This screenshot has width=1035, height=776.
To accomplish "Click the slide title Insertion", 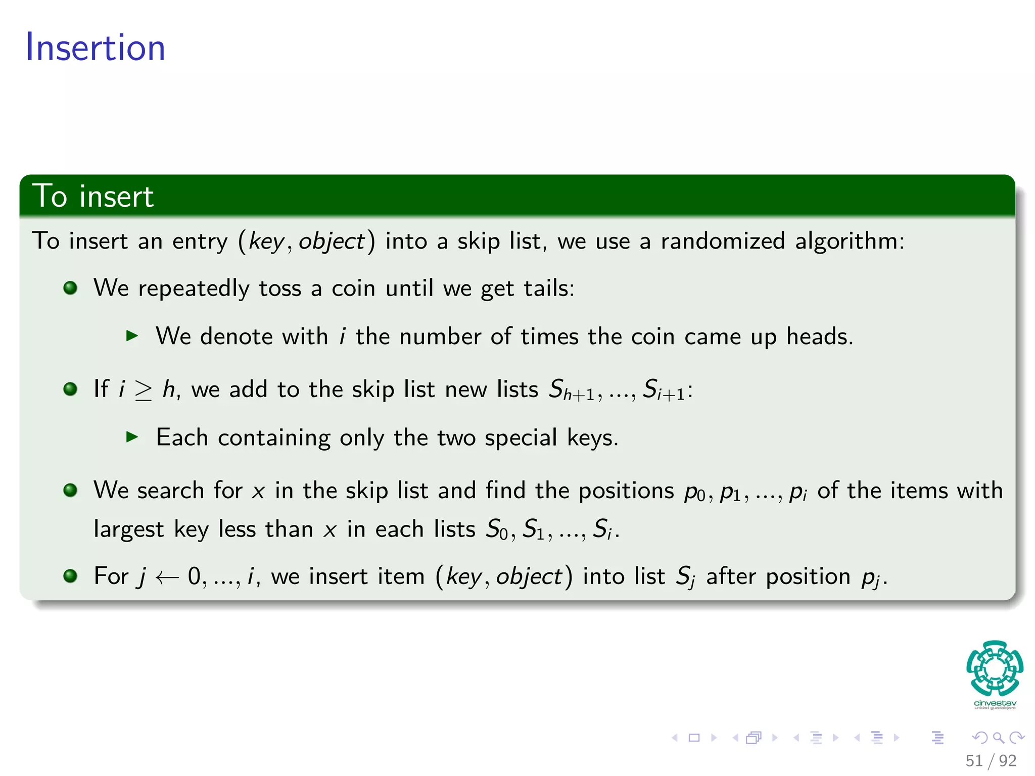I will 96,47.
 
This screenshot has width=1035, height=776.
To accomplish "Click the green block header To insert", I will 92,196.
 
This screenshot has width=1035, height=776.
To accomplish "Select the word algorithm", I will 849,241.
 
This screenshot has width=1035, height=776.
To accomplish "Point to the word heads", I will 819,336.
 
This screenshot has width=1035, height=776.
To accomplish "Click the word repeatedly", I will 194,289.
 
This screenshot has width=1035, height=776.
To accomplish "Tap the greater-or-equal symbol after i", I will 144,390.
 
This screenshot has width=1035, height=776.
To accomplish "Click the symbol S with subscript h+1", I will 571,391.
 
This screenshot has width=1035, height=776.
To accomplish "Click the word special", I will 521,438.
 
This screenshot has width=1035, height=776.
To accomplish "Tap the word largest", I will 129,530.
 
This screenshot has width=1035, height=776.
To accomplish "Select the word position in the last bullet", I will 808,577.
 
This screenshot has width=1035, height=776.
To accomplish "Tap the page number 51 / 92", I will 991,760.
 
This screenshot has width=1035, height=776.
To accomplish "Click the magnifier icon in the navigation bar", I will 998,738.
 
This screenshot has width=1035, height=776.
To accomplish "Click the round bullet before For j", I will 70,576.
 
